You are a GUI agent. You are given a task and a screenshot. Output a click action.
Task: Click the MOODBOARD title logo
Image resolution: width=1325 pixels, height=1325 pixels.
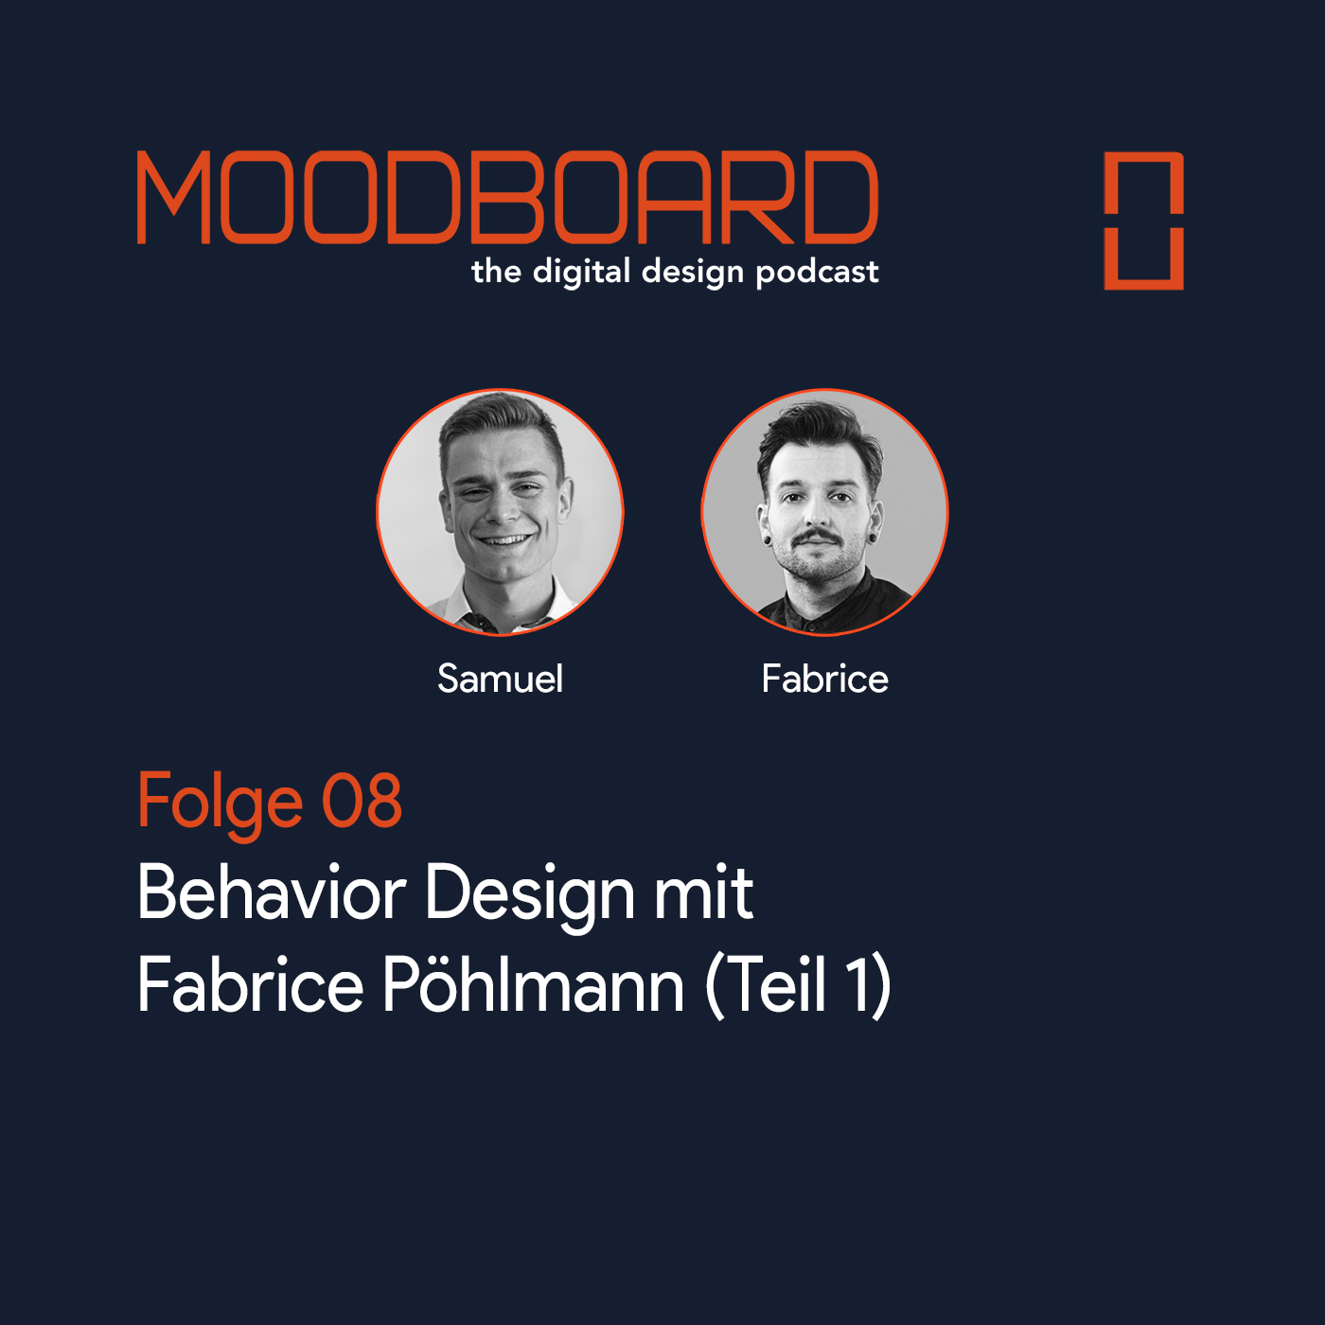[x=507, y=198]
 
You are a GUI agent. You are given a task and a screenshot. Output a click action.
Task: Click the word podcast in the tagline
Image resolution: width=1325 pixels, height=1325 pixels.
[x=817, y=273]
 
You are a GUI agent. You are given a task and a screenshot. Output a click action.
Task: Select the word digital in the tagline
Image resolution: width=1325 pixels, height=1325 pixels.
[x=582, y=272]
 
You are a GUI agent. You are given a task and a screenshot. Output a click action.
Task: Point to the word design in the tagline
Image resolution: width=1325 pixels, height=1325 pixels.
[x=693, y=273]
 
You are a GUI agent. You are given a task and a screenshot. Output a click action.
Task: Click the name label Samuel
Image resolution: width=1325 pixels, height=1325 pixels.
[x=500, y=680]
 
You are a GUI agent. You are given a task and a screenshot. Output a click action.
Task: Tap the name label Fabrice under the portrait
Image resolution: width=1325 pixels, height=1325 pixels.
[x=824, y=680]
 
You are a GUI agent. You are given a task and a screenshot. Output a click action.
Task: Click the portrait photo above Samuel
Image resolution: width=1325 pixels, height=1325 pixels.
[x=500, y=512]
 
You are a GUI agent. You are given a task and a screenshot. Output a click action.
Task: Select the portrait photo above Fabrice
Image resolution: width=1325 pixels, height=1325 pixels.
[x=824, y=512]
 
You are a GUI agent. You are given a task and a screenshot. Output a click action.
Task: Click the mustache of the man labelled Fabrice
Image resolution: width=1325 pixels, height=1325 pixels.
[x=817, y=536]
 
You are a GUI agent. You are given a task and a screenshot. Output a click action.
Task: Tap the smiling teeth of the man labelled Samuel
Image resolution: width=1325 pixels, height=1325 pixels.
[x=505, y=539]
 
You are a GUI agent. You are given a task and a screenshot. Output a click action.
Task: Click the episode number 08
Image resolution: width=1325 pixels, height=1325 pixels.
[x=362, y=800]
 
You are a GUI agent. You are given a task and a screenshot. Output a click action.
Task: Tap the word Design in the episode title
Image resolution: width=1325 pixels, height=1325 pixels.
[x=529, y=896]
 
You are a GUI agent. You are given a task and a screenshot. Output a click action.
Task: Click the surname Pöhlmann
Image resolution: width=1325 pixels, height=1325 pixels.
[x=533, y=984]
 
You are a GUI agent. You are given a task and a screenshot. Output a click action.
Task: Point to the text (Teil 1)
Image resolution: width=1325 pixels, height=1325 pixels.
[x=798, y=986]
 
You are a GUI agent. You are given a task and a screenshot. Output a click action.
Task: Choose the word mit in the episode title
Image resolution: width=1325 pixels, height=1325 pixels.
[x=703, y=892]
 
